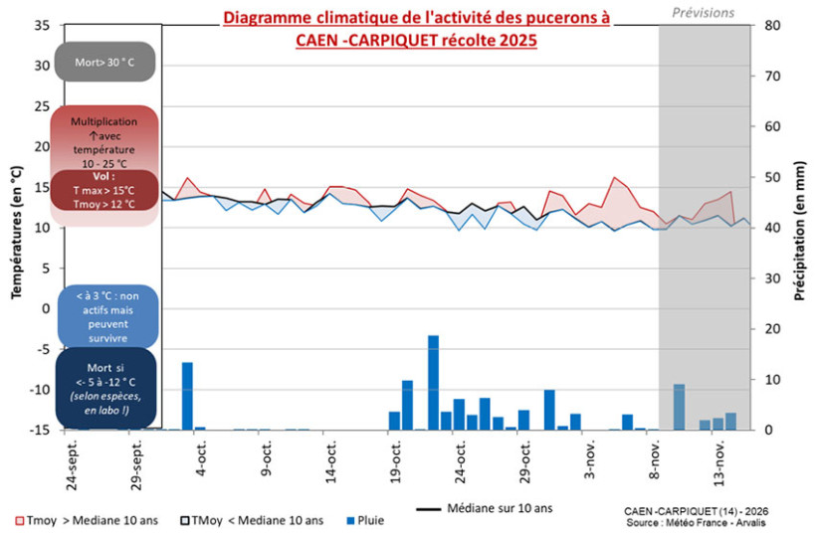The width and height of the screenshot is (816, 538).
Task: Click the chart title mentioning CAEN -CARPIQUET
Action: pos(416,30)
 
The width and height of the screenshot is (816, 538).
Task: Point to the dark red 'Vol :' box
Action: pos(106,190)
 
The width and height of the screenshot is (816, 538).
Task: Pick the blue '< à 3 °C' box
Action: pos(106,316)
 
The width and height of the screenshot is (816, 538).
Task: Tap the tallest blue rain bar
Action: pos(434,382)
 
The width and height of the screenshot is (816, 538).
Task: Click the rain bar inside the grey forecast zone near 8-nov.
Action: pos(679,407)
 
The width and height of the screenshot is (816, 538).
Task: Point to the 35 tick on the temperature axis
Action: pos(41,26)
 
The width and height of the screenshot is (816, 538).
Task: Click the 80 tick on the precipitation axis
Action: pos(770,26)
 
